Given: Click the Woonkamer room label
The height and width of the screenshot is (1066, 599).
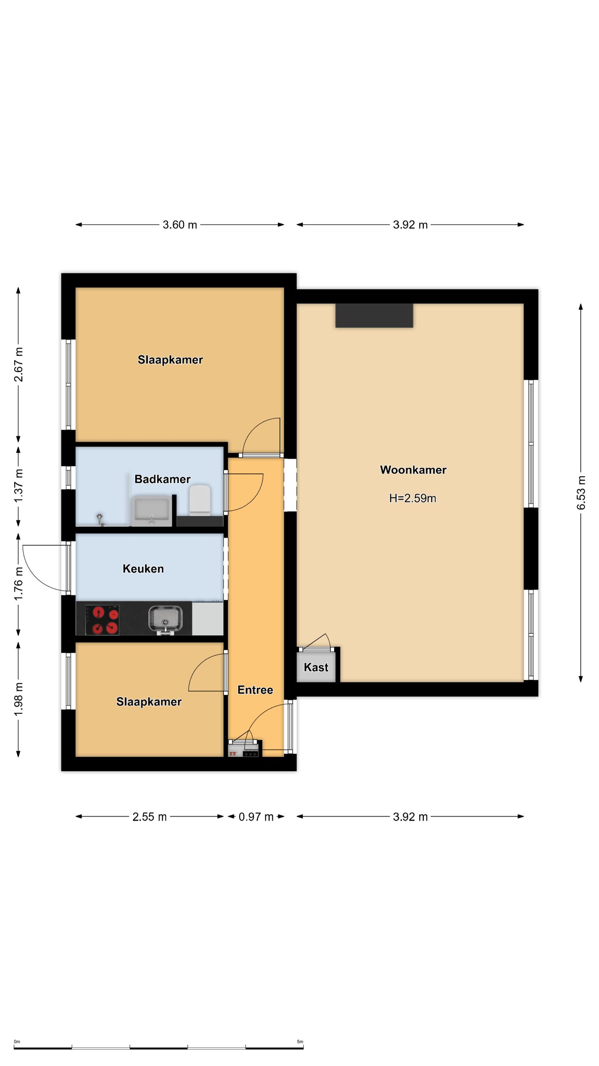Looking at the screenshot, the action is (413, 470).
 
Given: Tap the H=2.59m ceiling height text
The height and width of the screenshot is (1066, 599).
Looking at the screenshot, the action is (413, 498).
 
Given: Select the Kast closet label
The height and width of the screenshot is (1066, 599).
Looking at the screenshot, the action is (316, 667).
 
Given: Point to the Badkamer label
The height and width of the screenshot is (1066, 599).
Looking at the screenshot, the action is (163, 479).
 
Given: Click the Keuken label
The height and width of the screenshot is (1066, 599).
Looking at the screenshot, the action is (143, 569).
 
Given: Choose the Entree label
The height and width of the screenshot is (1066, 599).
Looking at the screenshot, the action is (255, 690).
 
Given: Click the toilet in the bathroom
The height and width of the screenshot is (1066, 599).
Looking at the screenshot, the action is (200, 500).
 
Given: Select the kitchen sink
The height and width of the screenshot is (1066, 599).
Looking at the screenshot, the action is (165, 619).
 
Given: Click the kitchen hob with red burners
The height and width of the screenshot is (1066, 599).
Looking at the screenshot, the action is (102, 619).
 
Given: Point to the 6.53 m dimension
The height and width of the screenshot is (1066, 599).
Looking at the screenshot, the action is (581, 492).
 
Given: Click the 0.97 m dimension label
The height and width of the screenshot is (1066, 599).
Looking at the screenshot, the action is (256, 817).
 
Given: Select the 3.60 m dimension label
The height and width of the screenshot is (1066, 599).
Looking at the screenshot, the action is (180, 225).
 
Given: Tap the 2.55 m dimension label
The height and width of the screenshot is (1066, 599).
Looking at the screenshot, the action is (149, 817).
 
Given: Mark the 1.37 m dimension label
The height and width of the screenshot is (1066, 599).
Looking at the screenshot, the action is (18, 485).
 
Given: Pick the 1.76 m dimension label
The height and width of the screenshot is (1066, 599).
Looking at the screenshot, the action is (18, 583).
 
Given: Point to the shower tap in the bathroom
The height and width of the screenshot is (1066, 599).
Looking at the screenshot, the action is (100, 520).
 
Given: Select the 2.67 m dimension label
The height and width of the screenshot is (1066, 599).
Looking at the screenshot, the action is (18, 365).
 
